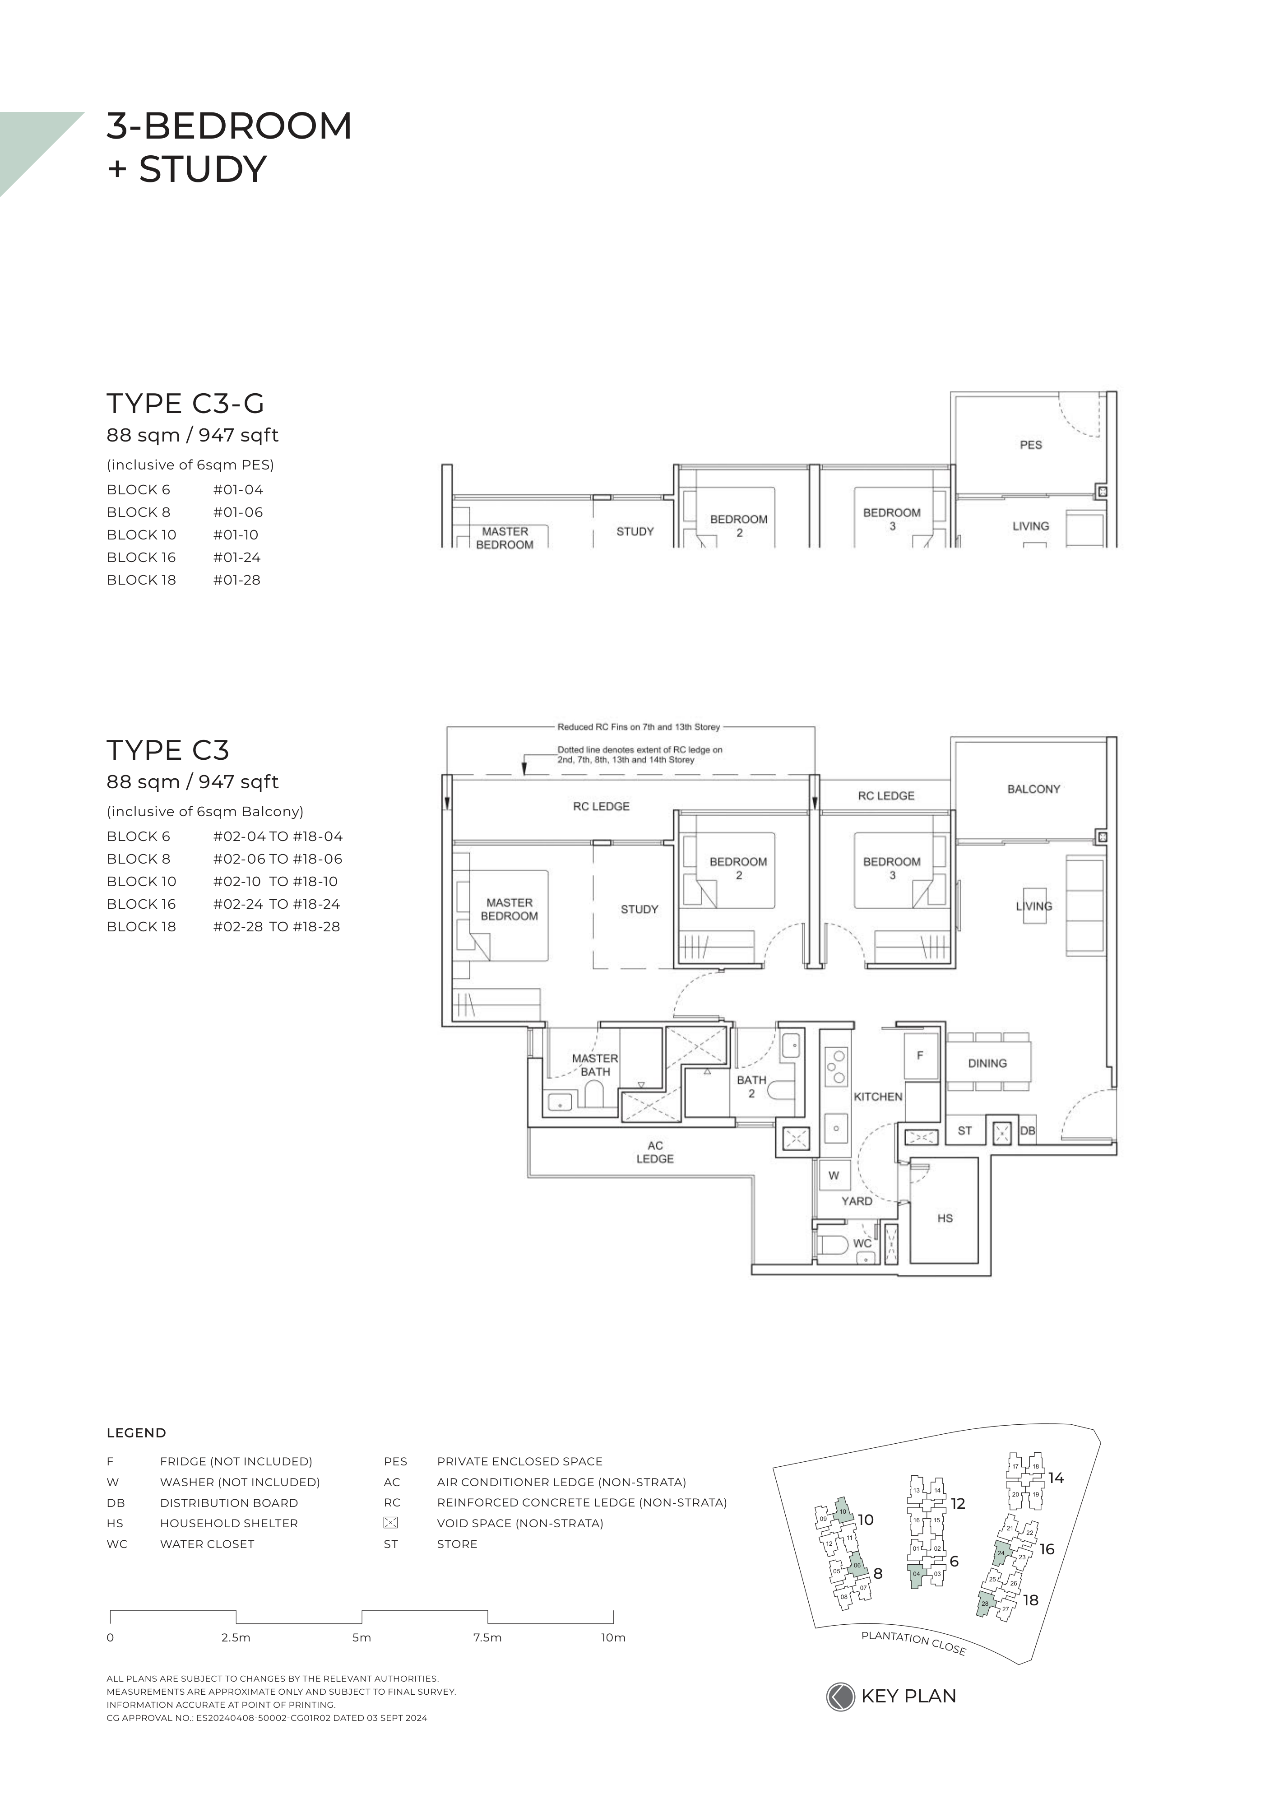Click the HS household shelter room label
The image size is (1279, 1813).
point(945,1218)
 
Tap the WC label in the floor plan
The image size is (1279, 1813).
point(862,1243)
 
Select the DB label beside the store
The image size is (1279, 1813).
point(1027,1131)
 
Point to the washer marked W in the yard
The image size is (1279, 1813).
point(834,1176)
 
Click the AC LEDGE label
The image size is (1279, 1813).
point(655,1152)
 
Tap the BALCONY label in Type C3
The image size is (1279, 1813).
point(1033,789)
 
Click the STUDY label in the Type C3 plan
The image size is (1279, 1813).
point(639,910)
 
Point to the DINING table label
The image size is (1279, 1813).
point(987,1064)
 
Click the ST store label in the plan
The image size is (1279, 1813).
point(965,1131)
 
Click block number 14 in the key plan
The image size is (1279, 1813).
point(1057,1478)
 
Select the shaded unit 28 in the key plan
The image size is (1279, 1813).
point(985,1604)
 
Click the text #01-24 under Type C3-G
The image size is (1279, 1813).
point(237,558)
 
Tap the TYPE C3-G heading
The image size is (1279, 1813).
point(185,404)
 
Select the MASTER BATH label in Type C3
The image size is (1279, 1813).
point(595,1065)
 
